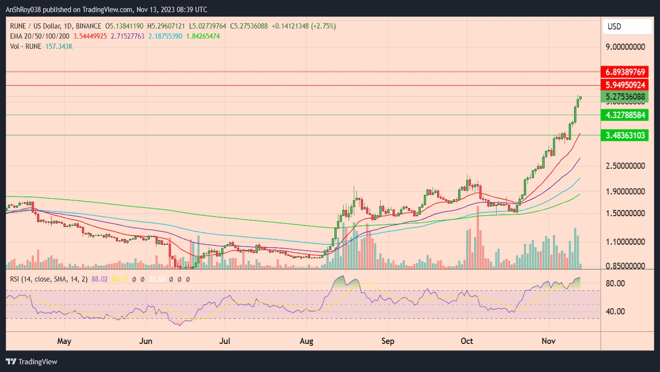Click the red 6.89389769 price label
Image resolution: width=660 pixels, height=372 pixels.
point(625,72)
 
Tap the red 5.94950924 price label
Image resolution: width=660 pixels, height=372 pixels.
point(625,85)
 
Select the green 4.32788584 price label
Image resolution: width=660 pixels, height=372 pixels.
point(625,115)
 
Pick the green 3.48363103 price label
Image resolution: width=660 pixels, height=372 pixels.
point(625,135)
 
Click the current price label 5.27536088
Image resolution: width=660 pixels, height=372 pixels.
point(625,97)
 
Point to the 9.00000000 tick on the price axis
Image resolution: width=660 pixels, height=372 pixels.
point(625,47)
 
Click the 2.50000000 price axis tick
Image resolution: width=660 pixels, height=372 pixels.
point(625,166)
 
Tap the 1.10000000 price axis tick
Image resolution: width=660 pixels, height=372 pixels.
point(625,242)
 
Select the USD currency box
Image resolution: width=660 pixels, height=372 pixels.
point(627,26)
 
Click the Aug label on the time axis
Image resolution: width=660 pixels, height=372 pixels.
point(306,341)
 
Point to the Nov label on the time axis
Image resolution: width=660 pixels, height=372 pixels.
point(548,341)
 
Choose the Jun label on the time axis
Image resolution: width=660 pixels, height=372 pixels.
point(146,341)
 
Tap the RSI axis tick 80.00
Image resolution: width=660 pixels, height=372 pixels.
point(615,284)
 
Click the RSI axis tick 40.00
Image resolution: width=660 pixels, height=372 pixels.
point(615,311)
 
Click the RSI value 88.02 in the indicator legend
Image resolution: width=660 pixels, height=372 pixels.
point(99,279)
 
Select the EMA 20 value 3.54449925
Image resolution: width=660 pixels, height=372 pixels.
point(90,36)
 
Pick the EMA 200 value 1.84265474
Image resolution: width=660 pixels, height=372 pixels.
point(203,36)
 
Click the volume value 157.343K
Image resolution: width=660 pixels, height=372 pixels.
point(59,46)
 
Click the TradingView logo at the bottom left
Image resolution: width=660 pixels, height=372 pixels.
point(31,362)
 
